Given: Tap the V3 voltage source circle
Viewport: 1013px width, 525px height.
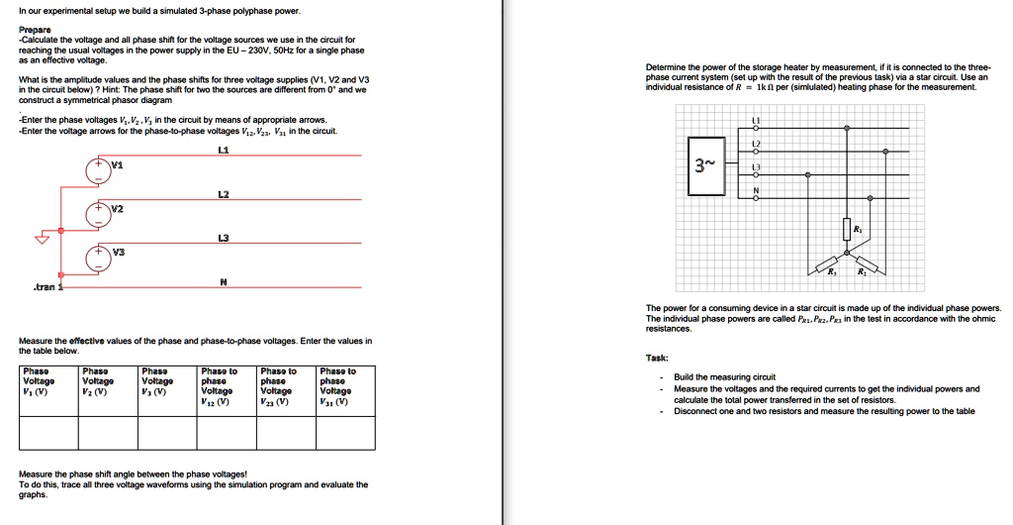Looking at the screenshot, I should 98,255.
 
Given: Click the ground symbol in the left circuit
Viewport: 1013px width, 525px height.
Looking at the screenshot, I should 42,238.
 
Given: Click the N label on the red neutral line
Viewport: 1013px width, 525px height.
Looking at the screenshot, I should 224,280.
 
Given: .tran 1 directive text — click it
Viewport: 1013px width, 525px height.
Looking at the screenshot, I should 46,286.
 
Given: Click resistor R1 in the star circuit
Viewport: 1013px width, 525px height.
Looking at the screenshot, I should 847,230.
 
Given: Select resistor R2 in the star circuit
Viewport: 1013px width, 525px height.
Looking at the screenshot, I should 866,262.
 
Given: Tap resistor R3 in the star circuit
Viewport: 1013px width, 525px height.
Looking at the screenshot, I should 827,262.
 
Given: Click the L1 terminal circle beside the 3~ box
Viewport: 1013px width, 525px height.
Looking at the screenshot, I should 756,128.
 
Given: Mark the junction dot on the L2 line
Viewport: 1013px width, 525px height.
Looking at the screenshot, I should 885,152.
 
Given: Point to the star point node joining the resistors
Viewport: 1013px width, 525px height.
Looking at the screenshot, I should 847,252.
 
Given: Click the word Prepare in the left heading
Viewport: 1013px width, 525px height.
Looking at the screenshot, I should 35,30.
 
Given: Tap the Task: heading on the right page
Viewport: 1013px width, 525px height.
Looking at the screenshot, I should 657,358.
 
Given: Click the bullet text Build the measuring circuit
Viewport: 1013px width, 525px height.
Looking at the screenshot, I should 724,377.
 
